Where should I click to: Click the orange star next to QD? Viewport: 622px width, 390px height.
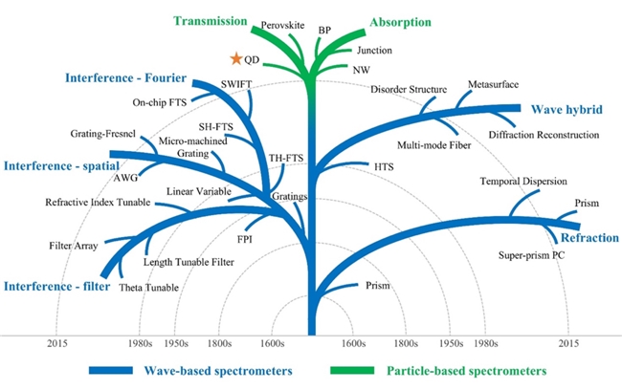click(236, 59)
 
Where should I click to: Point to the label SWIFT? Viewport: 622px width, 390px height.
click(235, 84)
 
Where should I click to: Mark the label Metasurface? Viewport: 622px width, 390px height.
click(494, 84)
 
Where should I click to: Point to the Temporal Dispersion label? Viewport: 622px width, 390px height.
click(523, 181)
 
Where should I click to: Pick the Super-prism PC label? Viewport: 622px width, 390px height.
click(532, 255)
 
